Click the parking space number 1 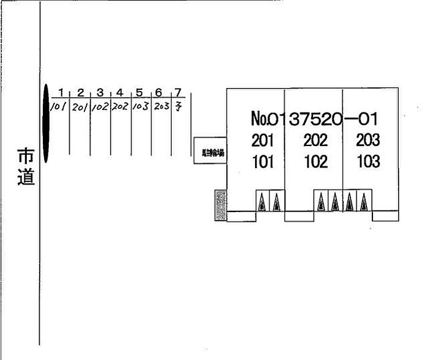click(x=61, y=92)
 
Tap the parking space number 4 click(x=120, y=93)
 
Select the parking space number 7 click(x=178, y=93)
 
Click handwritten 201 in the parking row click(x=79, y=107)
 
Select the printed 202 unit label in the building click(x=315, y=141)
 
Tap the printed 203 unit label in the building click(x=368, y=141)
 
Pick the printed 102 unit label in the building click(x=315, y=162)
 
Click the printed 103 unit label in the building click(x=368, y=162)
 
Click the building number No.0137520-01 click(x=315, y=118)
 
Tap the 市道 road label click(x=25, y=167)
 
